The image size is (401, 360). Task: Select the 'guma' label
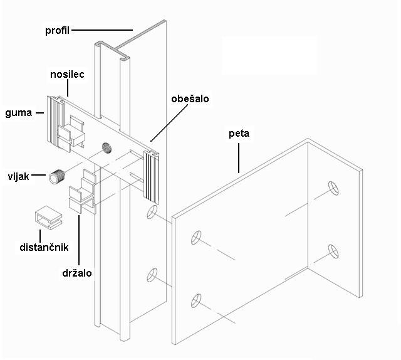[18, 114]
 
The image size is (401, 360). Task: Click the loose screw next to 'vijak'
[58, 177]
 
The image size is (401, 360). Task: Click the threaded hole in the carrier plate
[107, 149]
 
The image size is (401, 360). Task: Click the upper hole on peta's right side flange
[332, 188]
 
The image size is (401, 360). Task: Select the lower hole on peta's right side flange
[332, 250]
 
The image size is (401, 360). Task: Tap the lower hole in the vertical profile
[151, 274]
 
